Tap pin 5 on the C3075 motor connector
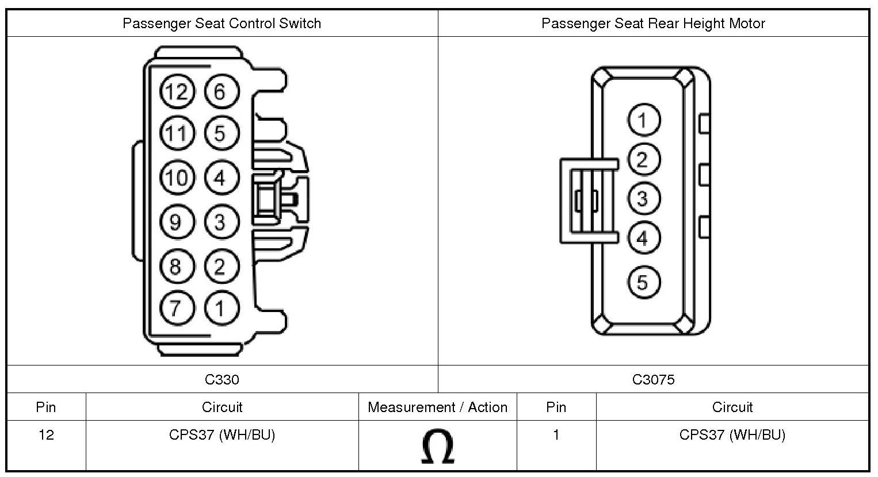[x=643, y=282]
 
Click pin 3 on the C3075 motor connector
[x=643, y=199]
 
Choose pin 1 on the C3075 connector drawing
[x=643, y=120]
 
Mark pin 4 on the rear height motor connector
[x=643, y=238]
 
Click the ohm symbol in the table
[x=437, y=447]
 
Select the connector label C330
[x=222, y=379]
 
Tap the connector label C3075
[x=653, y=379]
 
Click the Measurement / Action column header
[x=437, y=407]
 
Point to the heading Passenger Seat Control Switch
[x=222, y=24]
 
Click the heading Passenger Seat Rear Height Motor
[x=653, y=24]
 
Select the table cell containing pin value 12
[x=46, y=435]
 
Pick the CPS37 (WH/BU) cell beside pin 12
[x=222, y=435]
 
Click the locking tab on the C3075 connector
[x=581, y=200]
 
